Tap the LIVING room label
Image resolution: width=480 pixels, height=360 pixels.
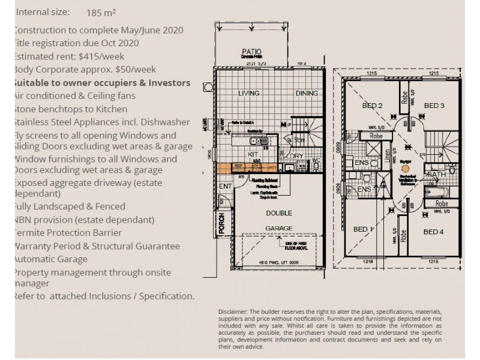click(248, 94)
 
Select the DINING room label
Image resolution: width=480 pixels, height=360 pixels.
click(307, 94)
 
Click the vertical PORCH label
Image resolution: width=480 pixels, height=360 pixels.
click(221, 224)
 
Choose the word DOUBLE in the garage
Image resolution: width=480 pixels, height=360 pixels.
click(279, 213)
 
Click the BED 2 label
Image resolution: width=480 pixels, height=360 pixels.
click(372, 106)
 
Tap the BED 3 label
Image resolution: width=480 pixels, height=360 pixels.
click(434, 106)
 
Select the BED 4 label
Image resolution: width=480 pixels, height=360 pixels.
click(433, 231)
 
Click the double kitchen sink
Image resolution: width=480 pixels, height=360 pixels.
click(261, 143)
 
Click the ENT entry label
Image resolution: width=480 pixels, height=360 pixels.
click(225, 187)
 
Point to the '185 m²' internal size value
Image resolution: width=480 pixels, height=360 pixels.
click(101, 12)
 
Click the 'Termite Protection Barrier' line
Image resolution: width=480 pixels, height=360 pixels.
click(67, 233)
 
